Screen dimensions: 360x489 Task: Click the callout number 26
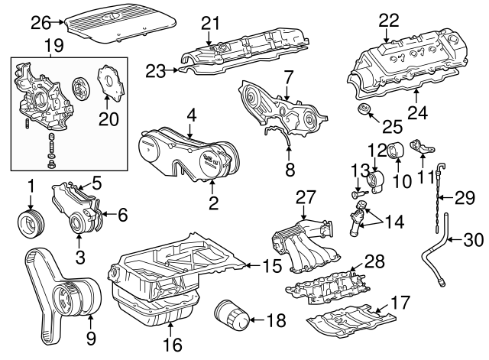pos(40,22)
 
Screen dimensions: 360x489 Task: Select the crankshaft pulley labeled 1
pos(31,223)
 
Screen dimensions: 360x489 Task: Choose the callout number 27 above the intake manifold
pos(306,196)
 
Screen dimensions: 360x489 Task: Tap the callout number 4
pos(192,116)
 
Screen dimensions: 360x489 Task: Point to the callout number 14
pos(395,223)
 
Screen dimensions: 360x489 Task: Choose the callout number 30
pos(474,241)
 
